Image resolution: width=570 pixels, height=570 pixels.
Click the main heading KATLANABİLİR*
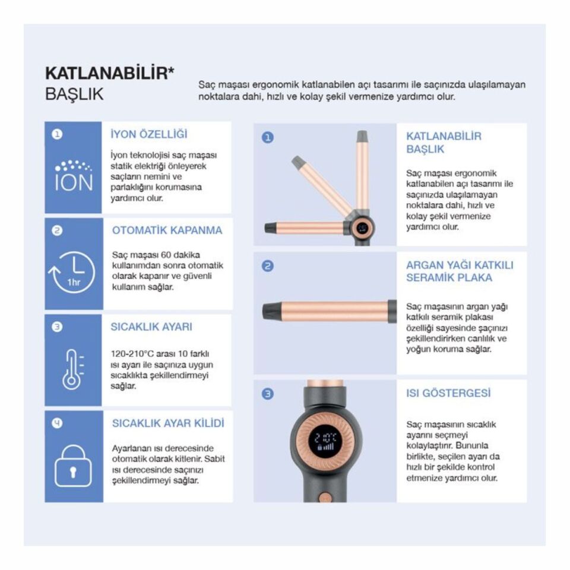110,74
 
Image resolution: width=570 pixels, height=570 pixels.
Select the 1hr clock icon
72,272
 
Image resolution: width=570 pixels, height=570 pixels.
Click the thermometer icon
73,369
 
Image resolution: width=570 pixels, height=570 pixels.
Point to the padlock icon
73,465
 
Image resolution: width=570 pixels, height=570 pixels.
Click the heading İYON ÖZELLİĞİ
149,134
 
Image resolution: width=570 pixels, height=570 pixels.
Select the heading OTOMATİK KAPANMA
167,230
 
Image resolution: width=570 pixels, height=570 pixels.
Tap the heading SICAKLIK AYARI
151,327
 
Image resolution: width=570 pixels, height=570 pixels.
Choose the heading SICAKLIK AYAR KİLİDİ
168,423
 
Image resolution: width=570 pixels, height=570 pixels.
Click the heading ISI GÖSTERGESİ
448,393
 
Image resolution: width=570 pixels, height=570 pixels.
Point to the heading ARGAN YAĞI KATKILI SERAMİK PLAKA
460,271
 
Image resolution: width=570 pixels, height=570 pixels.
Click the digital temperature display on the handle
325,441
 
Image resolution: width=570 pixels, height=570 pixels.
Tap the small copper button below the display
325,498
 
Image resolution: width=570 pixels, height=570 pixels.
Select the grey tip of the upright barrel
362,137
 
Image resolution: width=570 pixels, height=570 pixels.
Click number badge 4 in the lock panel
57,423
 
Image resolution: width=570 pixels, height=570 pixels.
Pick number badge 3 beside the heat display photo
268,394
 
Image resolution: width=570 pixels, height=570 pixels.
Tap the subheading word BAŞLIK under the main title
75,94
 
